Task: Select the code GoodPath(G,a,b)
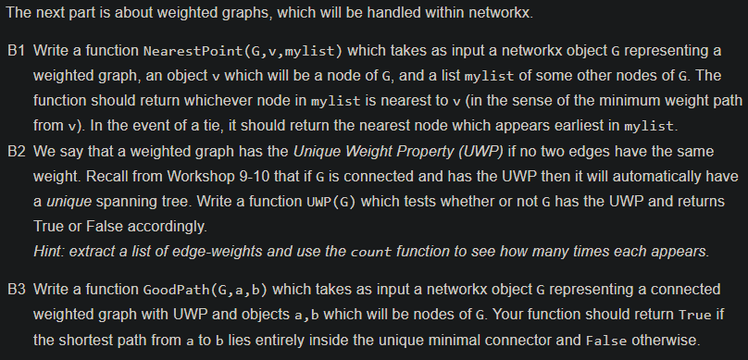204,290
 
